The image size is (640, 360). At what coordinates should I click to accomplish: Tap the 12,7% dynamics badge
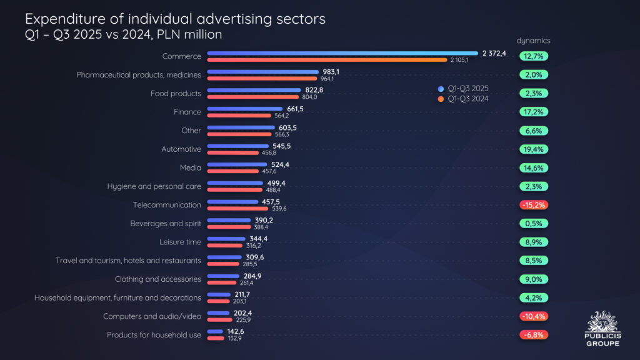coord(533,56)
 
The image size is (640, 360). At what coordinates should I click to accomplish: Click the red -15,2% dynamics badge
coord(533,205)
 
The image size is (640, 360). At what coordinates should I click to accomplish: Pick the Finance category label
coord(187,112)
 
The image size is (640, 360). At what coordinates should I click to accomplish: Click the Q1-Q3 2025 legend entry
coord(462,88)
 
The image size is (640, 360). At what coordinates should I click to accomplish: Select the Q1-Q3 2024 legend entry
coord(462,99)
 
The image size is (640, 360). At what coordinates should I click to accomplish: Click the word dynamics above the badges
coord(533,41)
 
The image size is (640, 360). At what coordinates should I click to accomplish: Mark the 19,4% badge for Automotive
coord(533,149)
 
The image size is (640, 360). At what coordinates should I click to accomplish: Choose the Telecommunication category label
coord(167,205)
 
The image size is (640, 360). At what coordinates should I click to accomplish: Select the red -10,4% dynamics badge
coord(533,316)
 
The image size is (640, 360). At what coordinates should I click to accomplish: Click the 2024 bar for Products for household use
coord(216,339)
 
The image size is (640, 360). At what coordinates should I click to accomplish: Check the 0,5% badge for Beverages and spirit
coord(533,223)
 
